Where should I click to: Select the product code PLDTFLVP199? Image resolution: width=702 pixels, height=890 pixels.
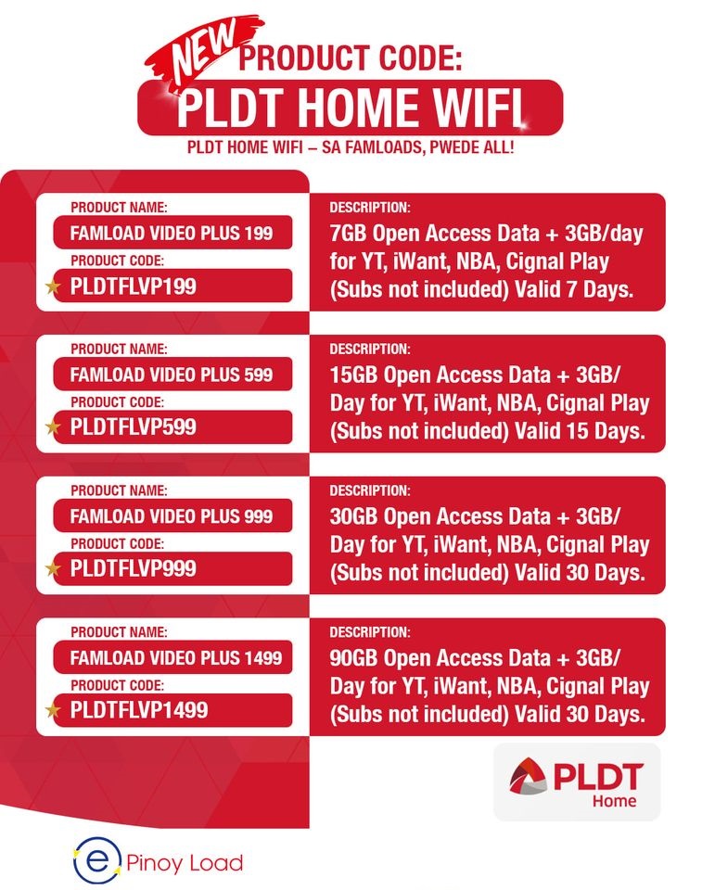(x=134, y=286)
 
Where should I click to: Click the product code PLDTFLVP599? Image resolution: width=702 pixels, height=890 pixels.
(x=134, y=427)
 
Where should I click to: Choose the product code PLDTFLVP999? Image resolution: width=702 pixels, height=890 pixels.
(x=134, y=568)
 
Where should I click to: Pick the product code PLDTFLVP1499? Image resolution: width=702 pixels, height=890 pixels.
(x=139, y=710)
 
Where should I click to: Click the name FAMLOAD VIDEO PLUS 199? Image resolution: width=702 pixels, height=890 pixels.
(x=172, y=233)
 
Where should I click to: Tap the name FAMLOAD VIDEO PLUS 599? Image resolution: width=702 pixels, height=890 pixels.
(x=172, y=375)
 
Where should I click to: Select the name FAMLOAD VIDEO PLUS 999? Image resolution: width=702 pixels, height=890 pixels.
(x=172, y=515)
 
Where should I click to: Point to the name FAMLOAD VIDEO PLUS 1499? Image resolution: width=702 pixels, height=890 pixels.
(x=176, y=658)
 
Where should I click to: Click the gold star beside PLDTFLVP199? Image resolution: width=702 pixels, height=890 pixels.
(x=53, y=286)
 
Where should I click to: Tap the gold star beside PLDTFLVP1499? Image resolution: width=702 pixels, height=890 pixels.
(x=53, y=710)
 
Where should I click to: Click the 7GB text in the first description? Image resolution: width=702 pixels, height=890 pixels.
(x=348, y=233)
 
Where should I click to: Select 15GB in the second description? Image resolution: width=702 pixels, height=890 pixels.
(x=353, y=375)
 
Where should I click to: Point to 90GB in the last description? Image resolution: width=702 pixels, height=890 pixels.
(x=353, y=658)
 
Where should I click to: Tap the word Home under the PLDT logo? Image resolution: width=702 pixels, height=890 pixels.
(x=615, y=801)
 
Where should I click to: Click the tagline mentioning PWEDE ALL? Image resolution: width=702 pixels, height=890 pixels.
(x=351, y=148)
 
